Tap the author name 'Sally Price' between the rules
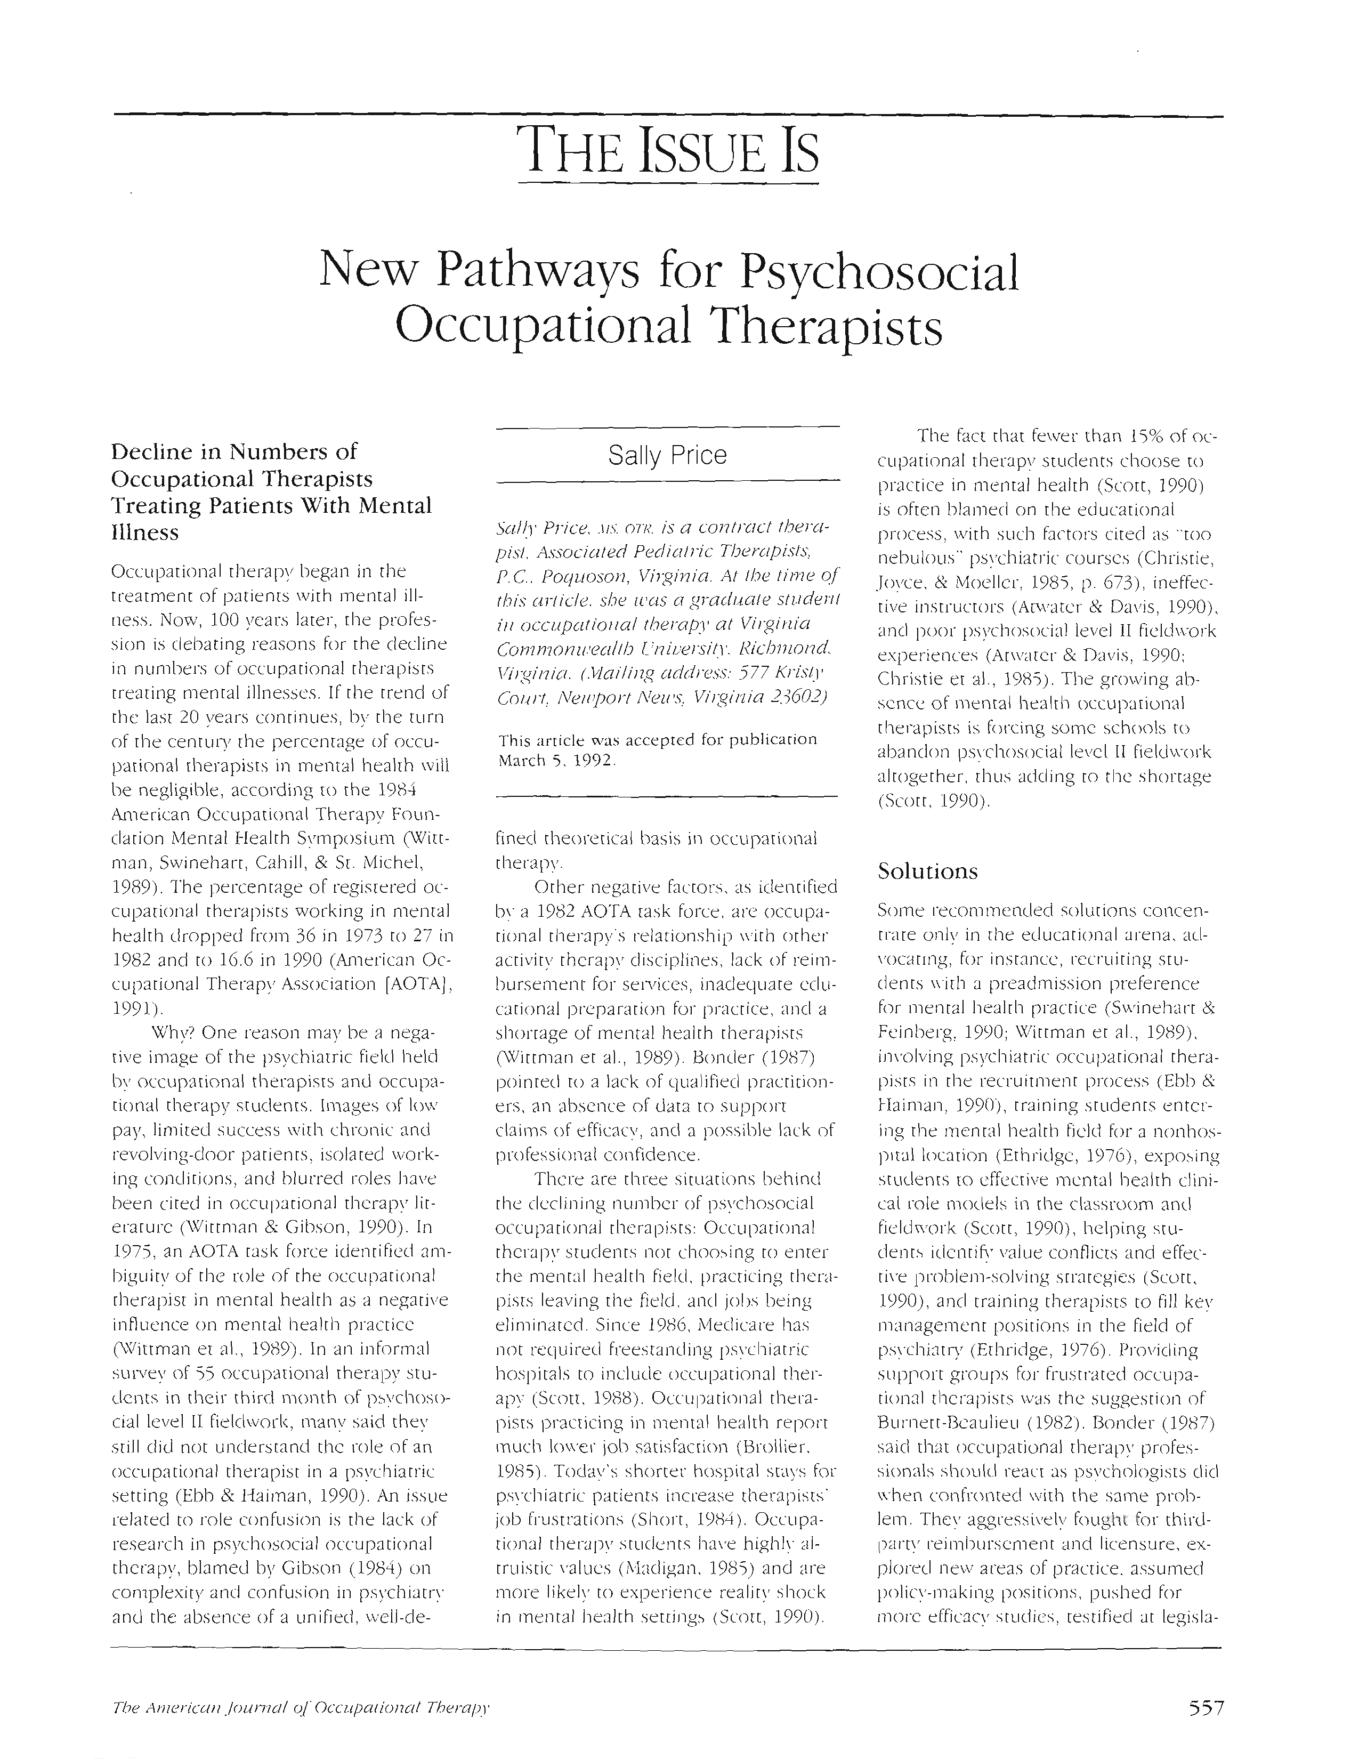coord(667,455)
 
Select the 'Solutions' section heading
coord(927,872)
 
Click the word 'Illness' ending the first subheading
coord(145,532)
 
